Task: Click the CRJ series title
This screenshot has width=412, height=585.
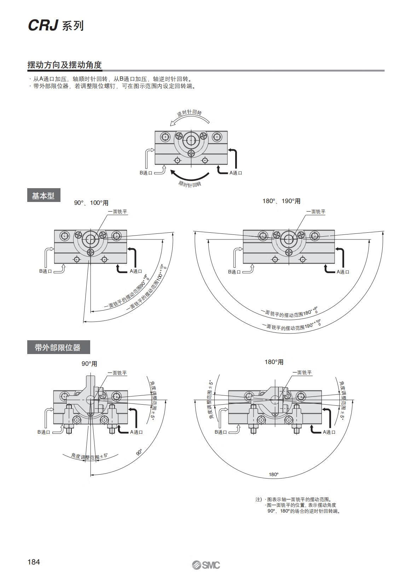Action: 56,25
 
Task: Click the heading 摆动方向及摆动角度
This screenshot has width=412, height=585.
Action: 64,65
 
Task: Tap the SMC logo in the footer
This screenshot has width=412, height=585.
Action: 206,565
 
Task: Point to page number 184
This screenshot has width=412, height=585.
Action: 34,562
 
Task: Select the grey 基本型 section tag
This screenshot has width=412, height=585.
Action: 43,195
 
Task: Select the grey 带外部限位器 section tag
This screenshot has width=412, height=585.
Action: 58,347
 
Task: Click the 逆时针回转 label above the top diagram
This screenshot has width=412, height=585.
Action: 189,113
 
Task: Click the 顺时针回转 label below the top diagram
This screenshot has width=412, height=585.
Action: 190,184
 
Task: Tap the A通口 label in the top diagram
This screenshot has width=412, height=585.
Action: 236,173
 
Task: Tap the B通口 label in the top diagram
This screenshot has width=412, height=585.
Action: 146,173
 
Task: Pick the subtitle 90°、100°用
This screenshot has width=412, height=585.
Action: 91,203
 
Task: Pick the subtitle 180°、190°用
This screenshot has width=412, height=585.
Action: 282,201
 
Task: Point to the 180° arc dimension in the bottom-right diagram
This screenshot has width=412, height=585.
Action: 274,475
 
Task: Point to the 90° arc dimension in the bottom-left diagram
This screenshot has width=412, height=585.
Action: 139,452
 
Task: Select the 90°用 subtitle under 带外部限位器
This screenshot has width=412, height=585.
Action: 89,364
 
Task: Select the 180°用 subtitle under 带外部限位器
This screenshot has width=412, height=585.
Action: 274,362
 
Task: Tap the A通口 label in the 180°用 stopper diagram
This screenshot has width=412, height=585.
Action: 329,432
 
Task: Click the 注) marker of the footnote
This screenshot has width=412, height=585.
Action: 259,499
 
